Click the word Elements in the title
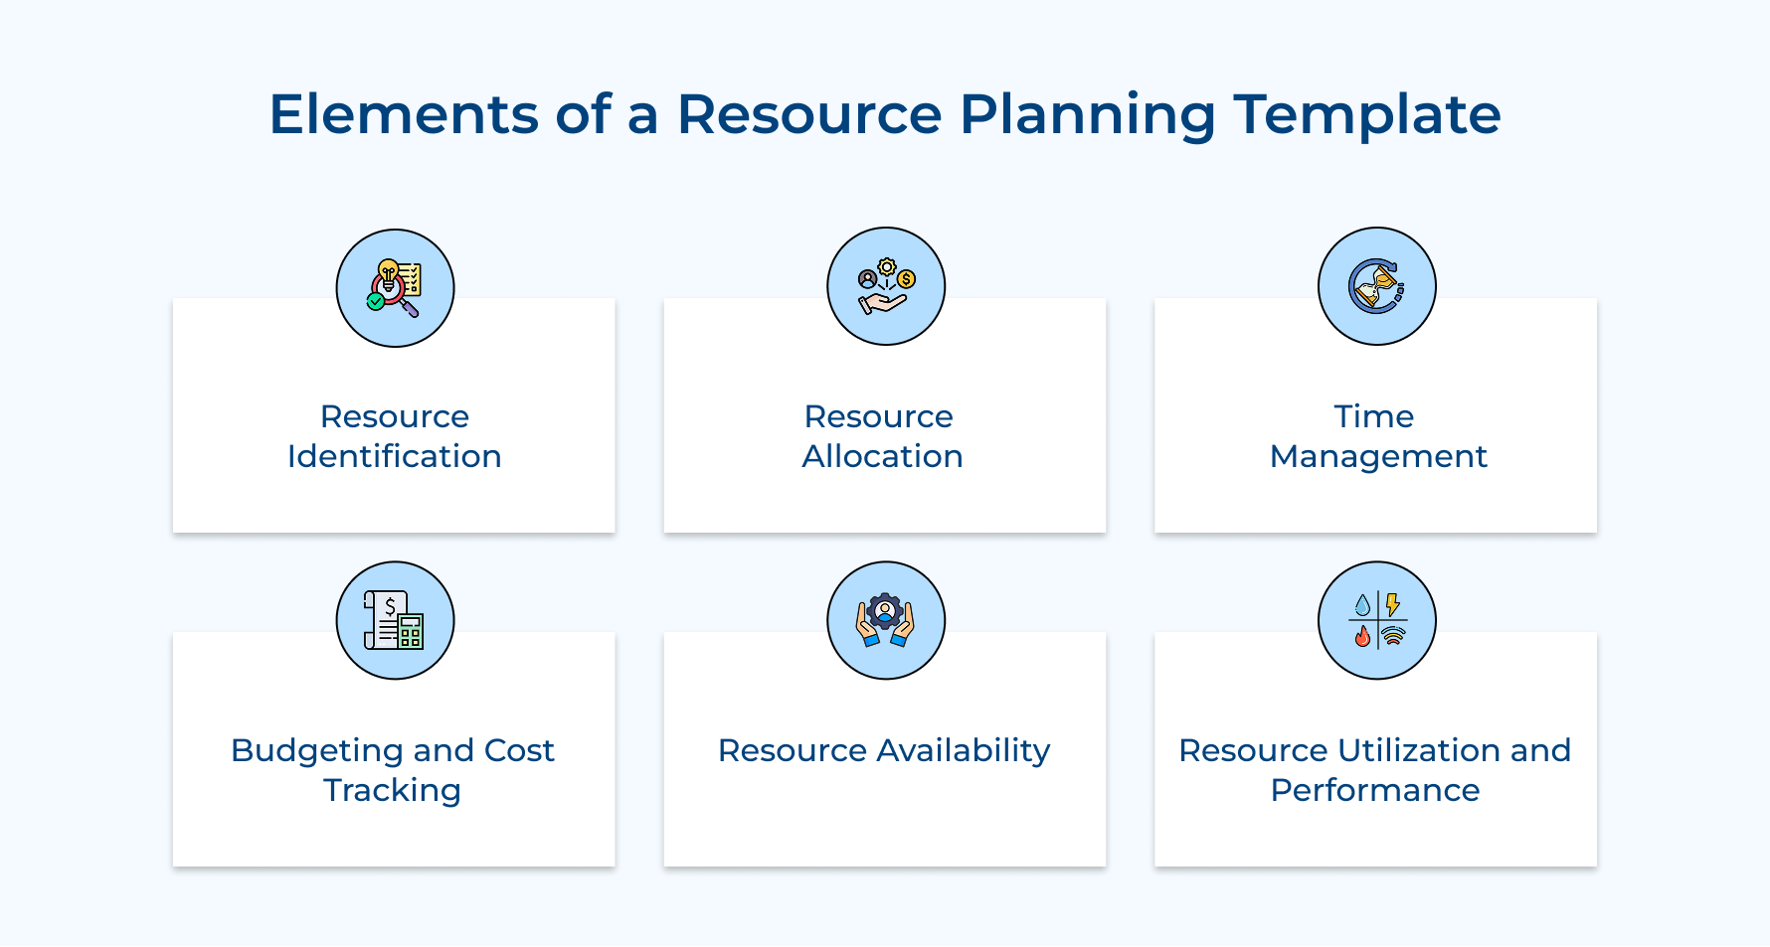(403, 113)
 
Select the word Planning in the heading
(1087, 115)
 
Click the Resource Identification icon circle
(395, 288)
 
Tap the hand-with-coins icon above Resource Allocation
(885, 286)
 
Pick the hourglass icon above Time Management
(1376, 286)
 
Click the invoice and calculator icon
(395, 620)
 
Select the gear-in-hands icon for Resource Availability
(885, 620)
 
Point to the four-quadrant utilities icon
(1376, 620)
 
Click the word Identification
(394, 456)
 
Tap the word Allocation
(882, 456)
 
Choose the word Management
(1377, 456)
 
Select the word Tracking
(392, 791)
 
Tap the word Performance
(1375, 790)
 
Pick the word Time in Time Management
(1373, 416)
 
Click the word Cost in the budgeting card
(519, 750)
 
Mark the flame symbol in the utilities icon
(1362, 636)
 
